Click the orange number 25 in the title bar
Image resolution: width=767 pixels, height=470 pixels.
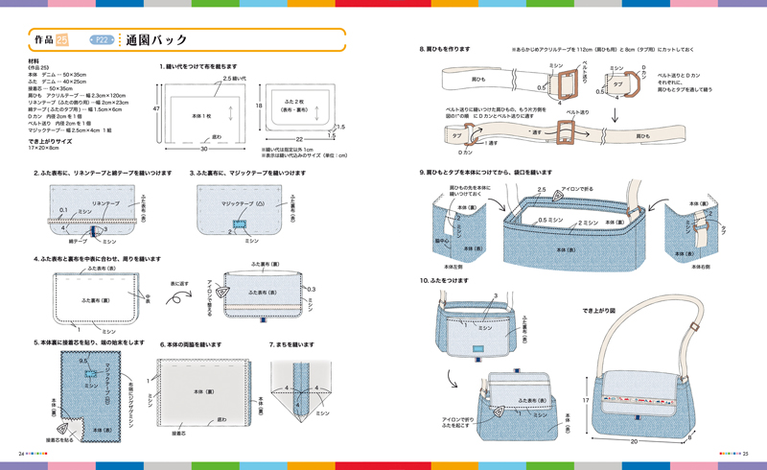[x=62, y=40]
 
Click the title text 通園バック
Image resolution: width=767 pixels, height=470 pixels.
[x=154, y=40]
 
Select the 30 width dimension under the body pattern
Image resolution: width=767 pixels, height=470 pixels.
[x=203, y=150]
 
